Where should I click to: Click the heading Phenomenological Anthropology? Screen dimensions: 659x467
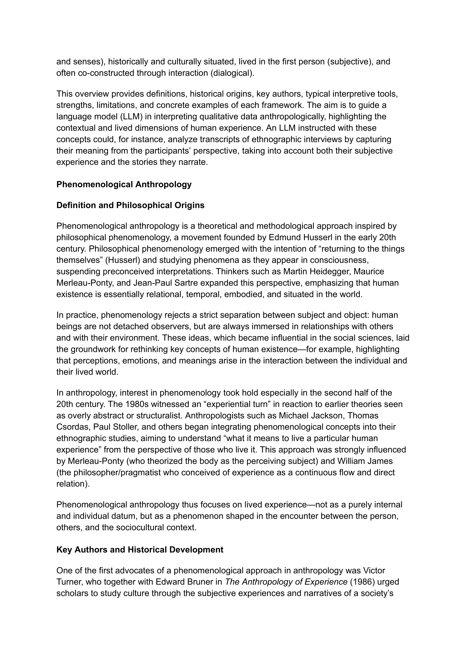[x=124, y=185]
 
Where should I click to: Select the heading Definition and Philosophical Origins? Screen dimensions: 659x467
[x=130, y=205]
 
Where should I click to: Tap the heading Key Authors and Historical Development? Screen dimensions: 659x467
[x=140, y=550]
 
